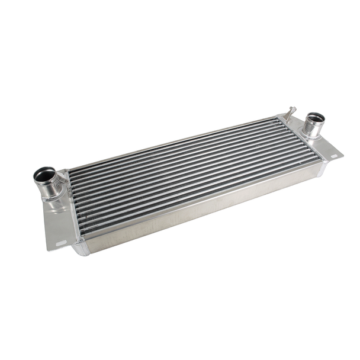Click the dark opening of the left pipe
click(x=44, y=175)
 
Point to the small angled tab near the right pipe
click(x=290, y=111)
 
